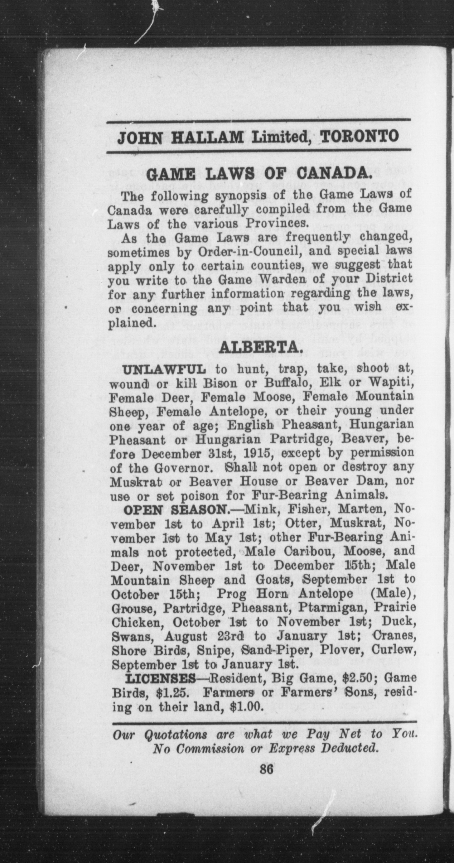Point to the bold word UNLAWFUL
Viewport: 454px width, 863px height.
pos(165,369)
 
